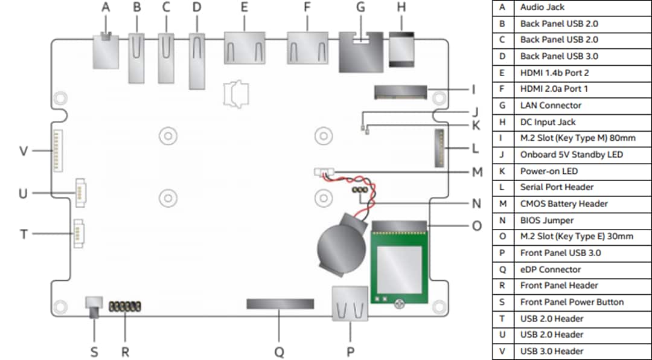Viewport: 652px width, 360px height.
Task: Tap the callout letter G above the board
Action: click(x=361, y=7)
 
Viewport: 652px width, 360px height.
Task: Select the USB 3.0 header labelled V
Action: click(x=58, y=151)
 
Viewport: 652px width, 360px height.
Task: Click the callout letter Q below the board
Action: click(x=280, y=352)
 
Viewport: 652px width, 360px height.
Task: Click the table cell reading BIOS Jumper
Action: click(x=547, y=220)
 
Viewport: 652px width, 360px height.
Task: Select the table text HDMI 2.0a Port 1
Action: click(x=554, y=89)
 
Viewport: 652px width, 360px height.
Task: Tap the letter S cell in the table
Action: click(x=502, y=302)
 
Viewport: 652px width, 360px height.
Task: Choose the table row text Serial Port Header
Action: click(x=557, y=187)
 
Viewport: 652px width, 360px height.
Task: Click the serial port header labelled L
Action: click(x=439, y=148)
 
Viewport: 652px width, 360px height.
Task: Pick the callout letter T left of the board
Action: click(x=24, y=233)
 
